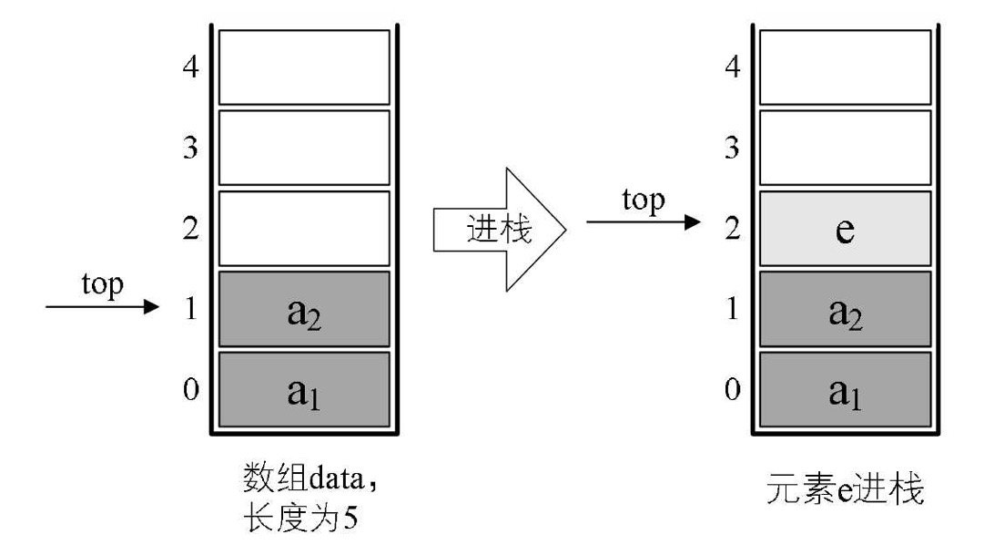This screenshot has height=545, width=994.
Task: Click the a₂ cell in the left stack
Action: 304,310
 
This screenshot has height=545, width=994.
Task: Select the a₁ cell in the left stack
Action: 304,390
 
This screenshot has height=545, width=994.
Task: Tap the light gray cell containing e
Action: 845,230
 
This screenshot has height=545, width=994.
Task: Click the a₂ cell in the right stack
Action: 845,310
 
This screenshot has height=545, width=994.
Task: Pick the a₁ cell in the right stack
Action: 845,390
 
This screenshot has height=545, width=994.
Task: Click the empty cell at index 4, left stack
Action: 304,67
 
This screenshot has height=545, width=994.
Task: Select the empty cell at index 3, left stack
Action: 304,148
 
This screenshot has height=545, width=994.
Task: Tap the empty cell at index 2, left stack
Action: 304,230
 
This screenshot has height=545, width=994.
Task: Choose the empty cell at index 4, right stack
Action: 845,67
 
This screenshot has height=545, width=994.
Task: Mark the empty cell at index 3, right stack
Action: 845,148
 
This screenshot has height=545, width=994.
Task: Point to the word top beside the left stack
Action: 102,284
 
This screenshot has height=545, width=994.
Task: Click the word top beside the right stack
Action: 643,201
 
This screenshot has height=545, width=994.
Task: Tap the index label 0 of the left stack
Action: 191,390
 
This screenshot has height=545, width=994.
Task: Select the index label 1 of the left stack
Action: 191,310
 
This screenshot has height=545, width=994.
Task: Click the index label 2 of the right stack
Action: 731,230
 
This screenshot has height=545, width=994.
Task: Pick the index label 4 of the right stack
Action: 731,67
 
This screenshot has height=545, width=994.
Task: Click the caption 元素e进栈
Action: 846,492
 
